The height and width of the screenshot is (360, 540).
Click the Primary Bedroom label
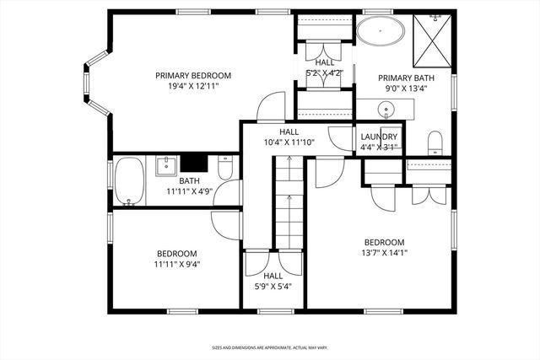pyautogui.click(x=193, y=75)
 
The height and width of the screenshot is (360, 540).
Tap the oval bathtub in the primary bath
pyautogui.click(x=380, y=33)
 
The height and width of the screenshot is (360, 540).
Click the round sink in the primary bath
pyautogui.click(x=386, y=108)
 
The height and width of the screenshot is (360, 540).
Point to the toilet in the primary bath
pyautogui.click(x=435, y=141)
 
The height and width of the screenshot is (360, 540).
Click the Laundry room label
pyautogui.click(x=379, y=137)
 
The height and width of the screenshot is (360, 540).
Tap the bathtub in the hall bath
pyautogui.click(x=129, y=181)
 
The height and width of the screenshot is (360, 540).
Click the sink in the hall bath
pyautogui.click(x=167, y=163)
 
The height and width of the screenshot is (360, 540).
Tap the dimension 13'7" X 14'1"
pyautogui.click(x=384, y=252)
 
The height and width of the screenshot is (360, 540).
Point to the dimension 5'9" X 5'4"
pyautogui.click(x=273, y=287)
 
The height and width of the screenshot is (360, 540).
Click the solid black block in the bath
pyautogui.click(x=194, y=163)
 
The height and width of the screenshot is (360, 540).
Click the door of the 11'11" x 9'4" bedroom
pyautogui.click(x=225, y=223)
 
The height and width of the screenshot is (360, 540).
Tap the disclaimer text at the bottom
pyautogui.click(x=269, y=347)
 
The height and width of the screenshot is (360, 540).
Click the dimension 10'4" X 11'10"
pyautogui.click(x=289, y=142)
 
